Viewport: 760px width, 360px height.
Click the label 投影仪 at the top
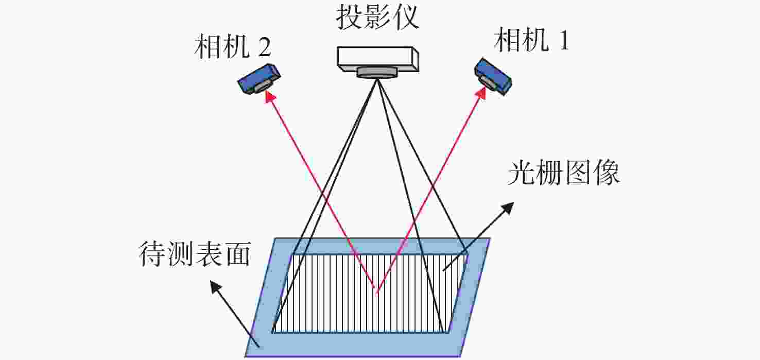click(x=377, y=17)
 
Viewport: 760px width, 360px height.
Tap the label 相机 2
click(x=233, y=46)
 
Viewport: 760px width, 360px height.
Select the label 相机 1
click(x=531, y=40)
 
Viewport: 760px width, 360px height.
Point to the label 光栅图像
click(x=563, y=173)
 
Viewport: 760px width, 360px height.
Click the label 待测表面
click(x=195, y=253)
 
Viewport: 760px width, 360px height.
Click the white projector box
click(x=377, y=59)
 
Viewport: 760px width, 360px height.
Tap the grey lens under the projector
click(x=376, y=72)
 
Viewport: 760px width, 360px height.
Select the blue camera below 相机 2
click(x=259, y=79)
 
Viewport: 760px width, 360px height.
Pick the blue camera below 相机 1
click(x=493, y=77)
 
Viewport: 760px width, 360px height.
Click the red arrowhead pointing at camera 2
click(x=270, y=96)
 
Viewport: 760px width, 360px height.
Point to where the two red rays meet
click(x=376, y=290)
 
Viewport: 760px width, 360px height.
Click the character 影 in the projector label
click(x=377, y=17)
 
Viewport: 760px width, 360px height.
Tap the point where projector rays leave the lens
click(x=376, y=79)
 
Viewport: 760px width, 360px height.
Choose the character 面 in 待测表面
click(x=238, y=254)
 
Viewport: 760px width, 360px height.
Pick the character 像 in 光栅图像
click(x=607, y=173)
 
